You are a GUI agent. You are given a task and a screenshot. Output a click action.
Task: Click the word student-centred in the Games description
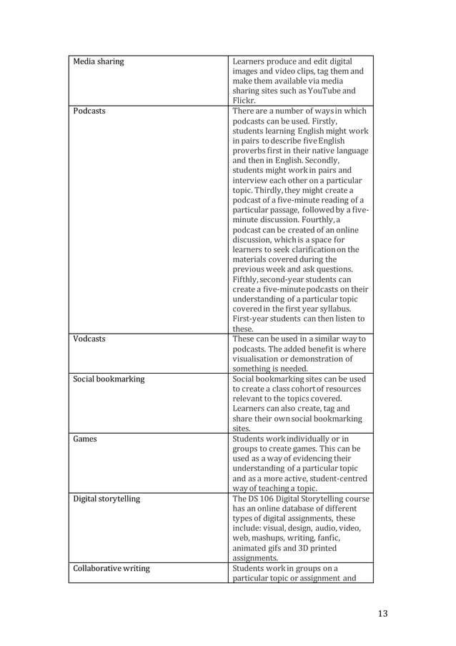336,479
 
